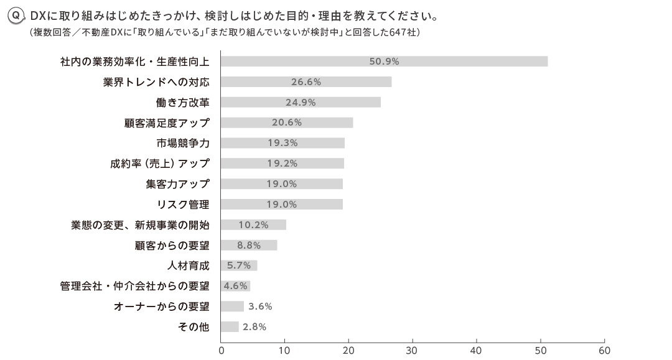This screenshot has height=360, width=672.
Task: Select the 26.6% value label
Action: coord(306,81)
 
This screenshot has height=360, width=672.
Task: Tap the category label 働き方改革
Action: coord(182,102)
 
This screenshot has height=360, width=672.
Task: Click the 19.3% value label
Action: coord(282,143)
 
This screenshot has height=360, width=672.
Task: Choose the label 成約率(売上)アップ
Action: coord(160,164)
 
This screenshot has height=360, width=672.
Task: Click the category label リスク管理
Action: coord(183,204)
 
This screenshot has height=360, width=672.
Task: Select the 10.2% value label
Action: coord(253,224)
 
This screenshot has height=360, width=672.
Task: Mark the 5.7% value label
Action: coord(239,265)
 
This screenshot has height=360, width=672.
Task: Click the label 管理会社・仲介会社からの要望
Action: coord(134,286)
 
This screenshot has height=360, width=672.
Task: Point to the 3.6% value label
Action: coord(260,307)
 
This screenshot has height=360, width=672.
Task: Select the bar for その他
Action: coord(230,327)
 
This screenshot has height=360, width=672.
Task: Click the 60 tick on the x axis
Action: coord(604,350)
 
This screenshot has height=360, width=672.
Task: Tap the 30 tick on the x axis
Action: coord(413,350)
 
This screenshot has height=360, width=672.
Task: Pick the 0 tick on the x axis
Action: coord(222,350)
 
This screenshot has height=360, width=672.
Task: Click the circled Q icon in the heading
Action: coord(17,14)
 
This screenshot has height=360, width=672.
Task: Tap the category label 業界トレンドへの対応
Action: coord(156,81)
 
